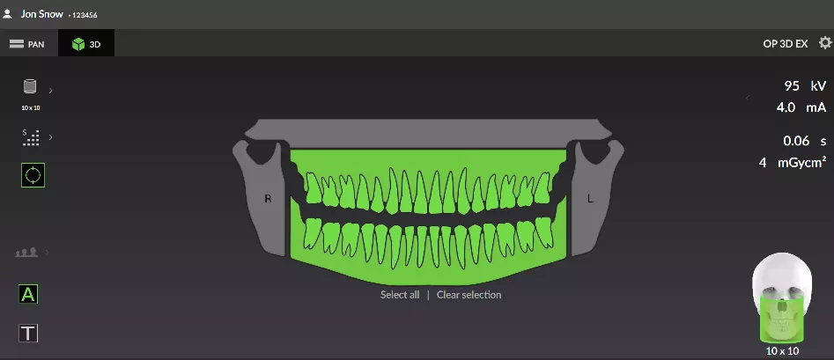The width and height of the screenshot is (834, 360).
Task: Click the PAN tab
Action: click(x=27, y=44)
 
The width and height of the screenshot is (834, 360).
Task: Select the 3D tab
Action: click(x=86, y=44)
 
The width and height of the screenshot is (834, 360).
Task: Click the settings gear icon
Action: click(x=825, y=43)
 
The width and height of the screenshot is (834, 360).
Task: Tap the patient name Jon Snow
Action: click(x=42, y=14)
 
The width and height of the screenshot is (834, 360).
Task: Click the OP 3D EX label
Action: click(x=785, y=44)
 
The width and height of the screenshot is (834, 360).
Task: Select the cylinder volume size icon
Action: click(x=30, y=86)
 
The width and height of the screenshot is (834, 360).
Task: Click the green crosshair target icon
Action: click(x=33, y=175)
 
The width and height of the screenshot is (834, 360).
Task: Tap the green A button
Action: click(x=28, y=294)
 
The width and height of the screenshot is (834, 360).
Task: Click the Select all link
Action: click(x=400, y=295)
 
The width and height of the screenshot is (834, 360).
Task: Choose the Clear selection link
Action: click(x=469, y=295)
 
